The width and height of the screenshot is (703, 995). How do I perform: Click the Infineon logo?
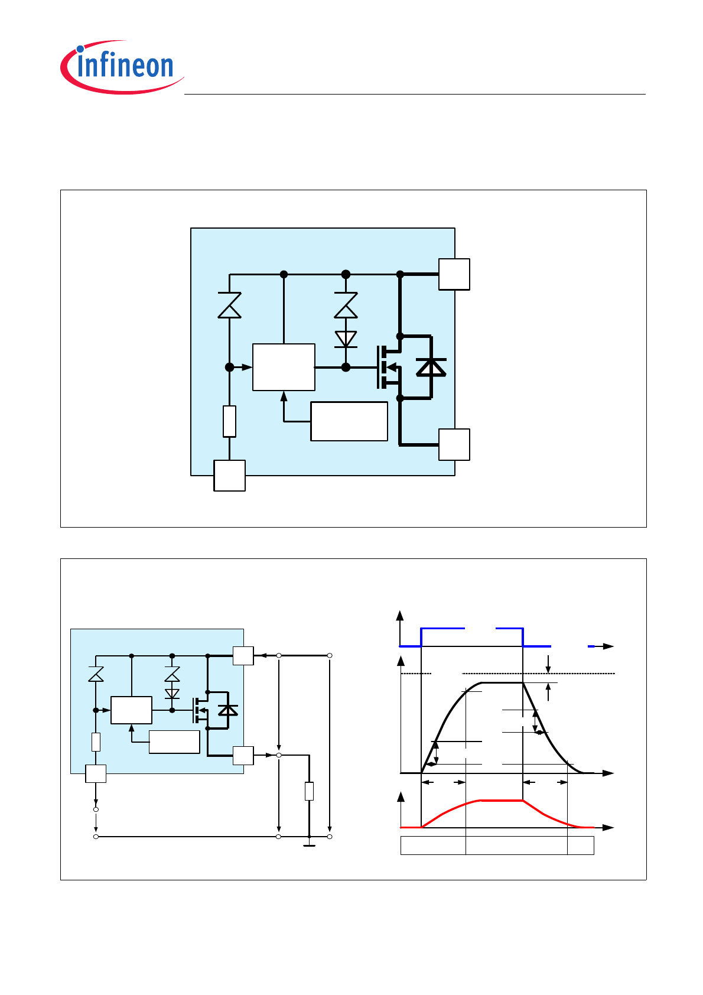click(122, 67)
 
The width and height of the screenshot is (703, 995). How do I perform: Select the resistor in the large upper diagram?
click(230, 421)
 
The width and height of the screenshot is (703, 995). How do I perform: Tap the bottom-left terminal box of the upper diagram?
click(229, 475)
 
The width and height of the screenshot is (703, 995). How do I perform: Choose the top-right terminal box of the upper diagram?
click(454, 274)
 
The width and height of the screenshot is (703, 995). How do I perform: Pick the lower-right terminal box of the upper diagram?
click(454, 444)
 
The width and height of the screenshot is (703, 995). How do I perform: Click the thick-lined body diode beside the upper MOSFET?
click(431, 368)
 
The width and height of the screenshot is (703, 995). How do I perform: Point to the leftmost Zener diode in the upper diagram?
click(230, 305)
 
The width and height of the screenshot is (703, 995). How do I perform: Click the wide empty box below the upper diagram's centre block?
click(349, 421)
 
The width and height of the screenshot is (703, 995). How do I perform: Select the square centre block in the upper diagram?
click(284, 367)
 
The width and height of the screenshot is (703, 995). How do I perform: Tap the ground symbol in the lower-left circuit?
click(309, 845)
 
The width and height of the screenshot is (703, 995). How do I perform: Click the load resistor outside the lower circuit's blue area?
click(309, 791)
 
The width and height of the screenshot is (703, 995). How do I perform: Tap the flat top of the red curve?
click(502, 801)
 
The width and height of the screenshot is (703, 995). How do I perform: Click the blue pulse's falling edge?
click(523, 638)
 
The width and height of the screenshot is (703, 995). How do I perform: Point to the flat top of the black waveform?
click(502, 683)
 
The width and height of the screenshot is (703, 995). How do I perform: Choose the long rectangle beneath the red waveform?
click(497, 846)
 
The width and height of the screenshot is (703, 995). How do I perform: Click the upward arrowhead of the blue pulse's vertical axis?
click(401, 616)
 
